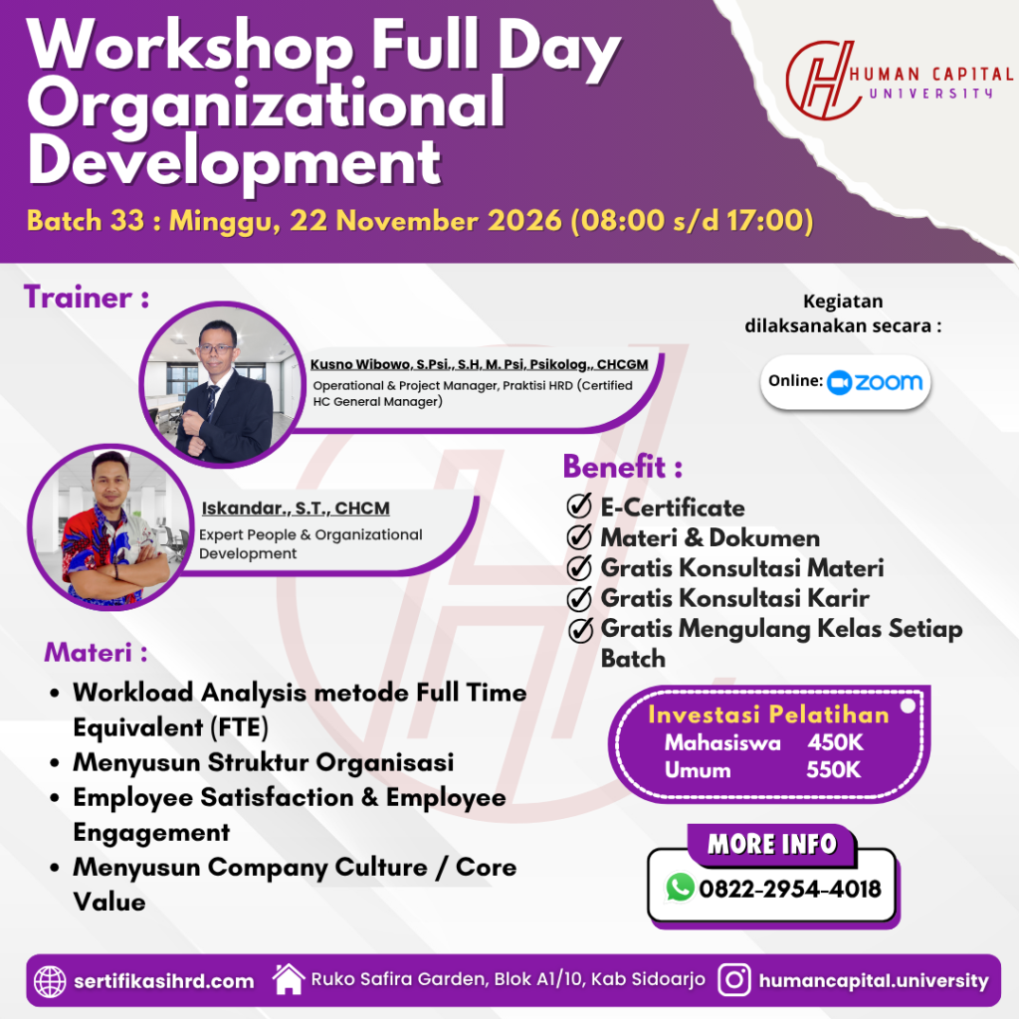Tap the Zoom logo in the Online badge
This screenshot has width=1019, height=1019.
[875, 382]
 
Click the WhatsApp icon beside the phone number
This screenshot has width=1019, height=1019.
[680, 888]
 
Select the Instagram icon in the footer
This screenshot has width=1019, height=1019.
[734, 979]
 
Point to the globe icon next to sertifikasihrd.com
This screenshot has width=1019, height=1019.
[50, 980]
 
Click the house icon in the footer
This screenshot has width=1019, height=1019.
[289, 979]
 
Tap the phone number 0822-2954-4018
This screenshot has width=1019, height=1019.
[789, 889]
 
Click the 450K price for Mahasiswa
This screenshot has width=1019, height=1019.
[835, 742]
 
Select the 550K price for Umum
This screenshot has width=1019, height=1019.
[834, 770]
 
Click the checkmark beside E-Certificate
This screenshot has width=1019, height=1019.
[579, 506]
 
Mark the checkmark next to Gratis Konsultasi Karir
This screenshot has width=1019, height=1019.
[579, 598]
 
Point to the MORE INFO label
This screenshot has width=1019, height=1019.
[771, 844]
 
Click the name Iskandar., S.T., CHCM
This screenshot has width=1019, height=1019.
[296, 509]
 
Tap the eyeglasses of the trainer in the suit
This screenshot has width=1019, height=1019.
[216, 349]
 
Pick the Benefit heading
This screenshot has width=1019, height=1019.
[623, 467]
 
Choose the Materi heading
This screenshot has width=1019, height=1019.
[96, 653]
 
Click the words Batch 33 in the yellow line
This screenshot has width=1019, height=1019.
[86, 221]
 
